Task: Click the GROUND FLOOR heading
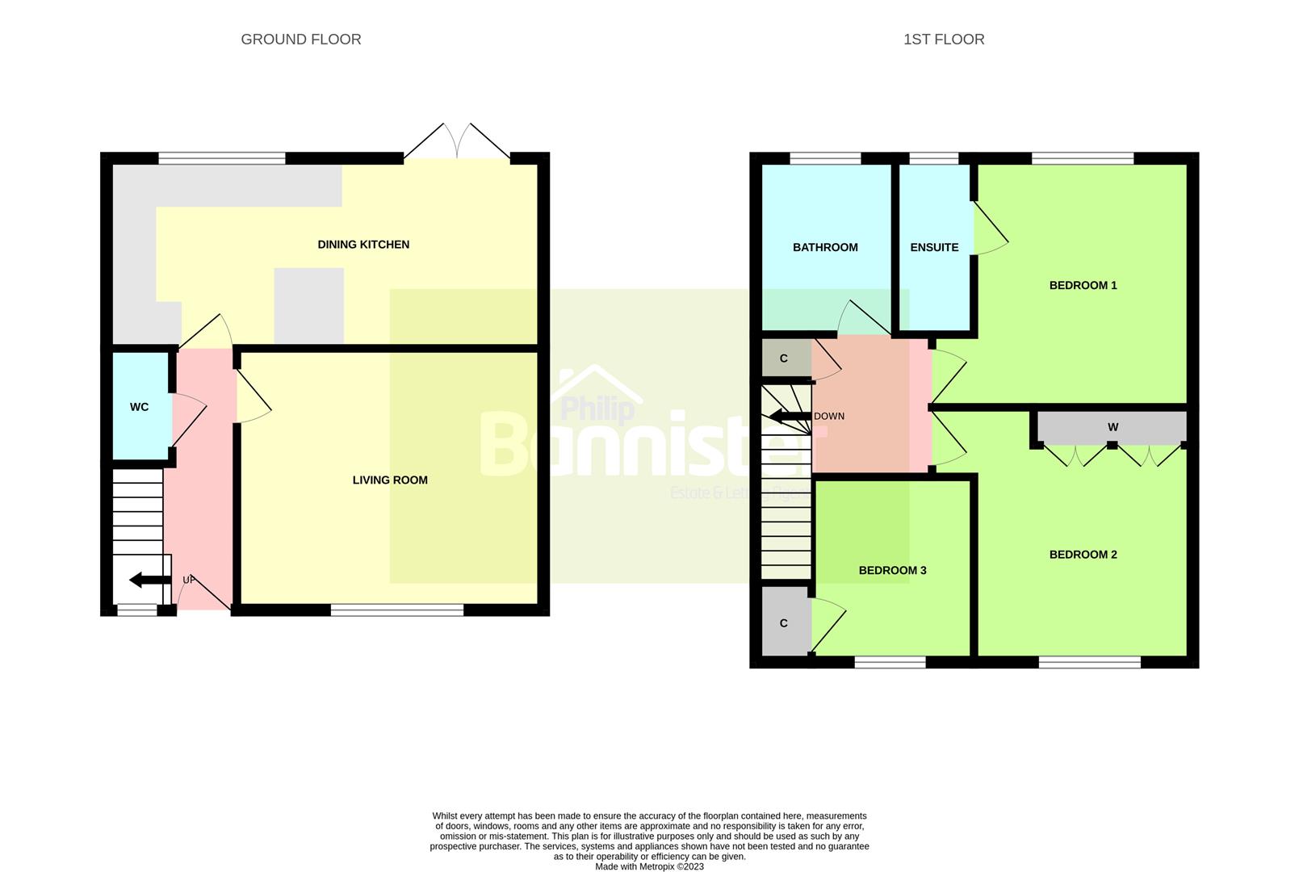tap(300, 40)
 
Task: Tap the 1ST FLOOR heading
tap(943, 40)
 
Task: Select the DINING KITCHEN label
tap(363, 245)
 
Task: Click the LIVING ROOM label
tap(390, 480)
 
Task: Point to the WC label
tap(139, 407)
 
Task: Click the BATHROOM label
tap(824, 248)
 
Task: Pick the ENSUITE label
tap(934, 248)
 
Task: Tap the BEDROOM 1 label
tap(1083, 286)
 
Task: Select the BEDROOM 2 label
tap(1083, 555)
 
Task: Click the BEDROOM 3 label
tap(892, 571)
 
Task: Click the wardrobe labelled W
tap(1113, 428)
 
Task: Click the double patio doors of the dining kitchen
tap(457, 145)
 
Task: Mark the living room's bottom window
tap(397, 610)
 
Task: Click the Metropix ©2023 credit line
tap(649, 867)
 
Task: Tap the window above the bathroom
tap(824, 158)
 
